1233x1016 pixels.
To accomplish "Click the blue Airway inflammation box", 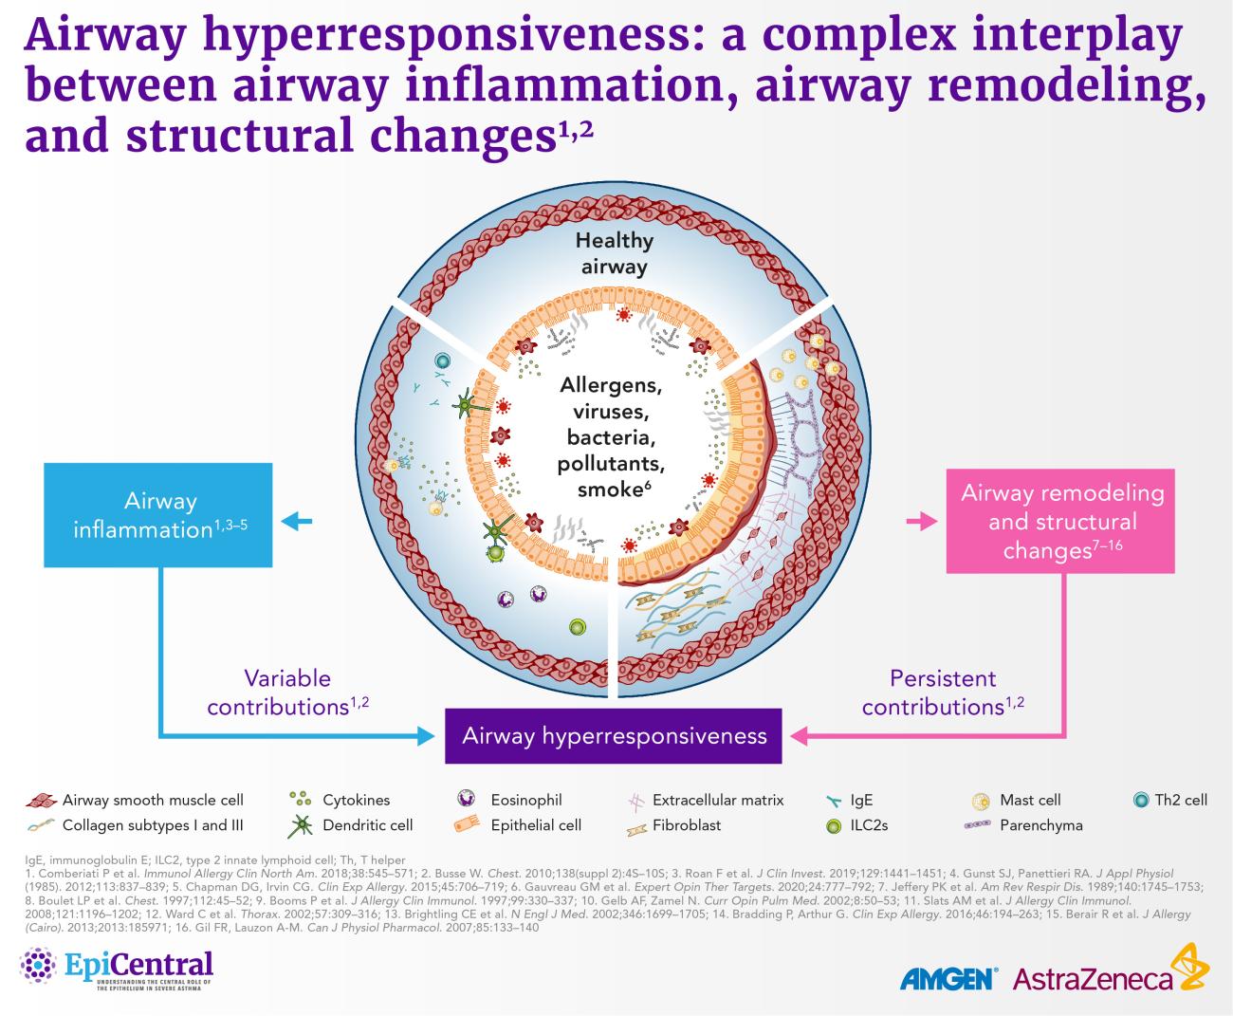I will [x=159, y=515].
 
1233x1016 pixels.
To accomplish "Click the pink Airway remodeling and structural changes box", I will [x=1060, y=521].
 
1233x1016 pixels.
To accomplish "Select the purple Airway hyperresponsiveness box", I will [x=614, y=736].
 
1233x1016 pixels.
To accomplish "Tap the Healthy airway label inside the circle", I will [x=614, y=253].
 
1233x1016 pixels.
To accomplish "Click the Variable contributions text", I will [x=287, y=693].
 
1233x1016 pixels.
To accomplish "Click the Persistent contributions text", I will [x=943, y=693].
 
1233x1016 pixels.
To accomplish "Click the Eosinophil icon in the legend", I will [x=466, y=800].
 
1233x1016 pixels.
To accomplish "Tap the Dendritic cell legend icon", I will [x=300, y=825].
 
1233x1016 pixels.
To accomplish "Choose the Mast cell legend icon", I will [x=981, y=800].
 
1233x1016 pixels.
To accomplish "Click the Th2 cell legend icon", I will [x=1141, y=800].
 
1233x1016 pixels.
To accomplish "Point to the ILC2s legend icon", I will [x=834, y=825].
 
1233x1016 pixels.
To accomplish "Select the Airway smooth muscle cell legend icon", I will [x=40, y=800].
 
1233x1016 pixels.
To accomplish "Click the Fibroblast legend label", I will [x=686, y=825].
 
